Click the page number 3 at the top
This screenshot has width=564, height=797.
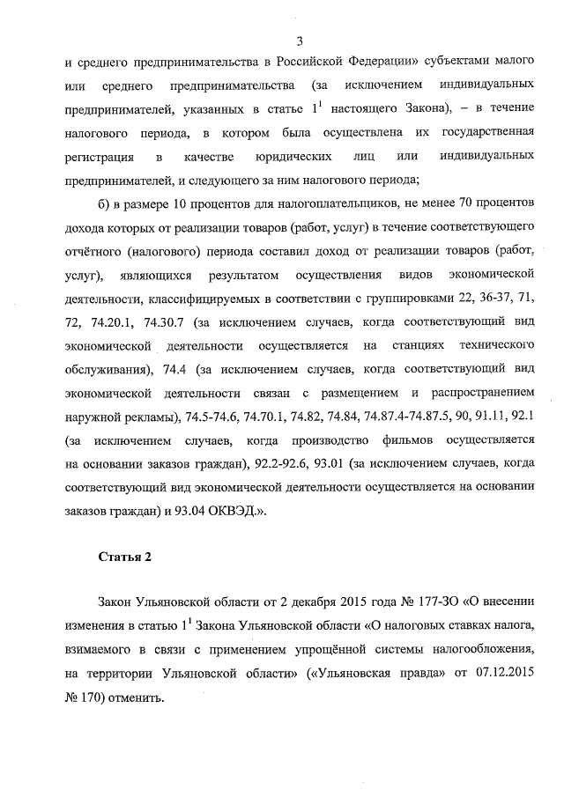point(300,41)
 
